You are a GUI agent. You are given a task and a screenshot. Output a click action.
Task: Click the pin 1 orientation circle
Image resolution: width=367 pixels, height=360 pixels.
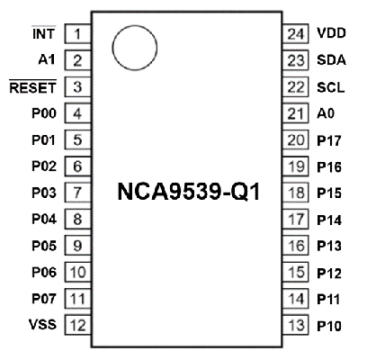point(113,48)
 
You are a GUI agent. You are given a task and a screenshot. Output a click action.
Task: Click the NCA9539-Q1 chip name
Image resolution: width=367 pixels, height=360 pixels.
point(189,192)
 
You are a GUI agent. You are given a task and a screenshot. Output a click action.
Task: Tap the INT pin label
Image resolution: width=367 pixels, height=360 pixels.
point(44,33)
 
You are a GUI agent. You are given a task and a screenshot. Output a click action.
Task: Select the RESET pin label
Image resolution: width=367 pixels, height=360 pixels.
point(33,87)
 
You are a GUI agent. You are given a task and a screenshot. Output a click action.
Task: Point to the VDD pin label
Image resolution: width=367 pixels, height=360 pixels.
point(331,33)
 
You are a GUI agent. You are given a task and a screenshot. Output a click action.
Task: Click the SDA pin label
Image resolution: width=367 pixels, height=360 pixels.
point(331,60)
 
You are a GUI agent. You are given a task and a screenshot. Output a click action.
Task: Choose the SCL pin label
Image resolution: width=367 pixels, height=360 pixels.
point(331,87)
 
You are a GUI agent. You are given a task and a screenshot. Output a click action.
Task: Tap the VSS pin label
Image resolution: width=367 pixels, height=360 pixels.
point(42,324)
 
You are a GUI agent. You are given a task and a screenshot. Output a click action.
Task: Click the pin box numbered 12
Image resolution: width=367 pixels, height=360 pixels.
point(78,325)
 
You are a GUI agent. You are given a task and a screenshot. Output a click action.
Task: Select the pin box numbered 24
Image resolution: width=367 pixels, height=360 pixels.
point(296,33)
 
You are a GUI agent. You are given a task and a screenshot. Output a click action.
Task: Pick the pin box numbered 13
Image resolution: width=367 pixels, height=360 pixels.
point(296,325)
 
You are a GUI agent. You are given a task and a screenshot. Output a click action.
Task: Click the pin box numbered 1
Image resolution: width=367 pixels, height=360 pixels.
point(78,33)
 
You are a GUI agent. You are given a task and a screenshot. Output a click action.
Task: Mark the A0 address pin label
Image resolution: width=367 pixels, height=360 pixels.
point(326,113)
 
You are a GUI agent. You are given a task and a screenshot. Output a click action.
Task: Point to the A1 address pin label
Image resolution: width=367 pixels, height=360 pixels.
point(47,60)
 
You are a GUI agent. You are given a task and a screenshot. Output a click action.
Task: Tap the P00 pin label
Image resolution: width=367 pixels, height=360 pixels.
point(44,113)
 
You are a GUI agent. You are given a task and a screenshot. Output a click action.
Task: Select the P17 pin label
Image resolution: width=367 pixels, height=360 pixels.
point(329,140)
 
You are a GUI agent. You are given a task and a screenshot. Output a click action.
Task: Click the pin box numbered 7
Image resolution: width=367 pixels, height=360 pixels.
point(78,193)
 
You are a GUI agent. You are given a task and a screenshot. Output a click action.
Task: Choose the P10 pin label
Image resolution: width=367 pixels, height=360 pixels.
point(329,326)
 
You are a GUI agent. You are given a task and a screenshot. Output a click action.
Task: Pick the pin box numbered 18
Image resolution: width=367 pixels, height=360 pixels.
point(296,193)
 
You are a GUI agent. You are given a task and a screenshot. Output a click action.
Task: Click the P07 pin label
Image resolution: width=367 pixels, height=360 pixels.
point(44,299)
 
